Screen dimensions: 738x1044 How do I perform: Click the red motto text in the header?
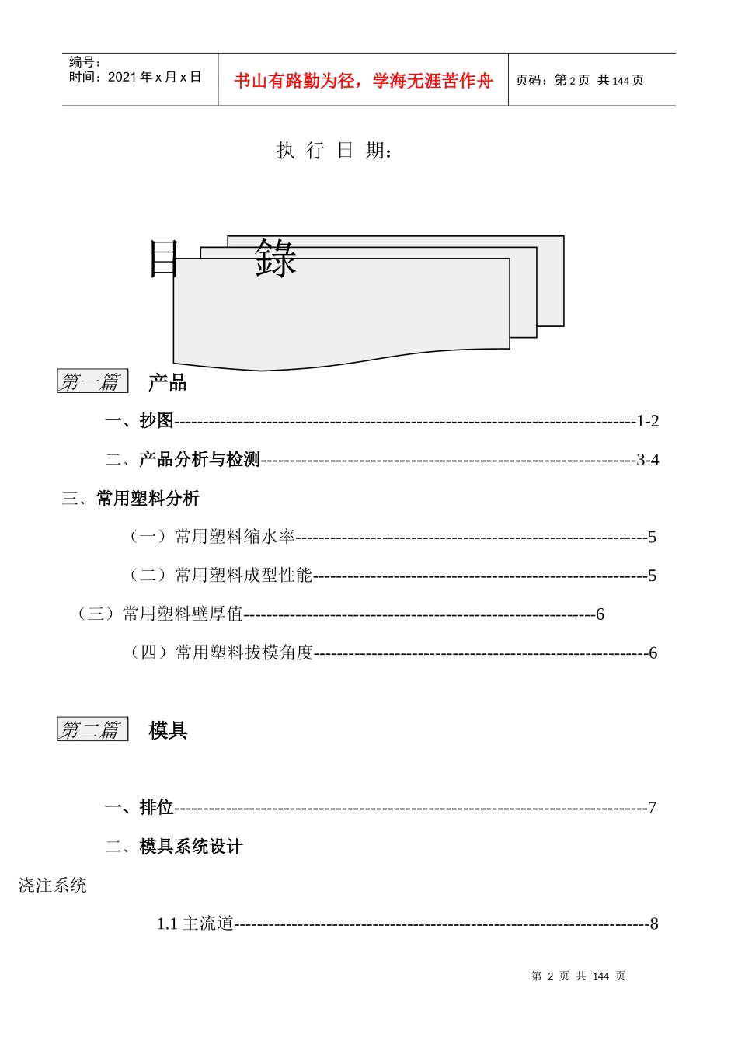pyautogui.click(x=363, y=81)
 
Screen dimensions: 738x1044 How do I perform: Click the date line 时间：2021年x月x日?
pyautogui.click(x=135, y=77)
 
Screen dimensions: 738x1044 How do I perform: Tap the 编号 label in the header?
pyautogui.click(x=85, y=62)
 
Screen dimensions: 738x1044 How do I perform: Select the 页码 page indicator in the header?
pyautogui.click(x=580, y=80)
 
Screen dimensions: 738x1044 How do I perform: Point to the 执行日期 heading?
pyautogui.click(x=335, y=150)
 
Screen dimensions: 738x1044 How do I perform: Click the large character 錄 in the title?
pyautogui.click(x=276, y=259)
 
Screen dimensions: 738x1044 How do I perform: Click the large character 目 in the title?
pyautogui.click(x=164, y=259)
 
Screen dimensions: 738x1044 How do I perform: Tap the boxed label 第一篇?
pyautogui.click(x=92, y=381)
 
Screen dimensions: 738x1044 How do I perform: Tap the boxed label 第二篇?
pyautogui.click(x=92, y=729)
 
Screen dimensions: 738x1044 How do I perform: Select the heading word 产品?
pyautogui.click(x=168, y=382)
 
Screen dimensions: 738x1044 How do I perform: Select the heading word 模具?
pyautogui.click(x=168, y=730)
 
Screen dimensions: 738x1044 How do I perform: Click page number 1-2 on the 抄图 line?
pyautogui.click(x=647, y=421)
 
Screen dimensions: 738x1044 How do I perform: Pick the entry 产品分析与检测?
pyautogui.click(x=199, y=459)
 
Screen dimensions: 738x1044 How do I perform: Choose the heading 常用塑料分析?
pyautogui.click(x=148, y=498)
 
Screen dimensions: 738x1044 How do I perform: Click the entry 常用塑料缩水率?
pyautogui.click(x=235, y=536)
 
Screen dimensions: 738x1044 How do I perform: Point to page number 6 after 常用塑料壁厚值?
pyautogui.click(x=600, y=614)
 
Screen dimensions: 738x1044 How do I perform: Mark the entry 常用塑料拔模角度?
pyautogui.click(x=244, y=652)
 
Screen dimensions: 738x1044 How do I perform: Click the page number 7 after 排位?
pyautogui.click(x=652, y=808)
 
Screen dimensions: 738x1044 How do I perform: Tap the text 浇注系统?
pyautogui.click(x=53, y=885)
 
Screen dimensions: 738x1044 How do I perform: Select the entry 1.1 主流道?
pyautogui.click(x=195, y=924)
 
